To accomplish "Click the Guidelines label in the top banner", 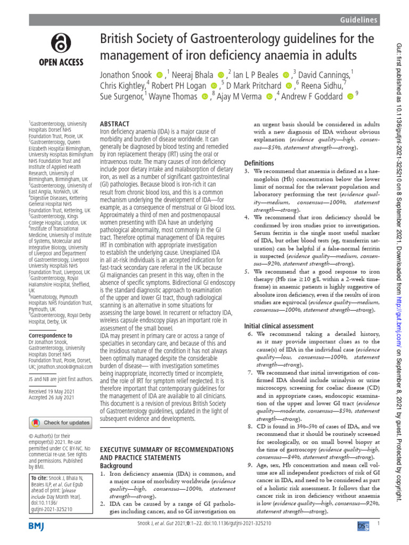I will click(x=359, y=20).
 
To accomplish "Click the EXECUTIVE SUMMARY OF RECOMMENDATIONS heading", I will click(x=167, y=450).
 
